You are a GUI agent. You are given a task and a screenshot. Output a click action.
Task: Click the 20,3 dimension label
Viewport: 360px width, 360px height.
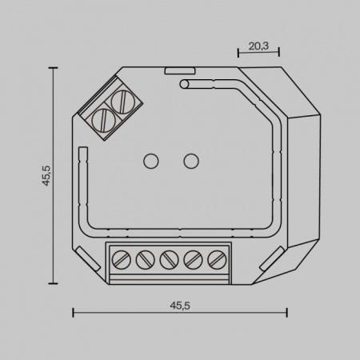(x=258, y=46)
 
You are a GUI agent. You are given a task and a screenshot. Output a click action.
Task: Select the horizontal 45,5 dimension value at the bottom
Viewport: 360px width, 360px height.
(x=180, y=306)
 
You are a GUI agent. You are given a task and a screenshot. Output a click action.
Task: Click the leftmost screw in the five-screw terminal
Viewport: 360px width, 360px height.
(x=122, y=259)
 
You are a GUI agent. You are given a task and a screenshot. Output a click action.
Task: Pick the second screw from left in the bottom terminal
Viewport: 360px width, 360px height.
(x=146, y=259)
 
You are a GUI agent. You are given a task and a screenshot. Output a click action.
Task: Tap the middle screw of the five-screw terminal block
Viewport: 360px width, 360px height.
(x=170, y=259)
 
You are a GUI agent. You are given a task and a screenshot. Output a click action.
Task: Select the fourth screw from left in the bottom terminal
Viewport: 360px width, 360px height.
(x=193, y=259)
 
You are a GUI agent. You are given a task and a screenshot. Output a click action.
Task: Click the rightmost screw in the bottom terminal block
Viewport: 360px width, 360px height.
(x=217, y=259)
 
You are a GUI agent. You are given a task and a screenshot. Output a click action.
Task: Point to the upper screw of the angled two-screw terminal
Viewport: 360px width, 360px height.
(x=122, y=102)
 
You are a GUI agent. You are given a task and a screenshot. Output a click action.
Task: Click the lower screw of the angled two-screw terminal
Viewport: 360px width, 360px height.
(x=102, y=120)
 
